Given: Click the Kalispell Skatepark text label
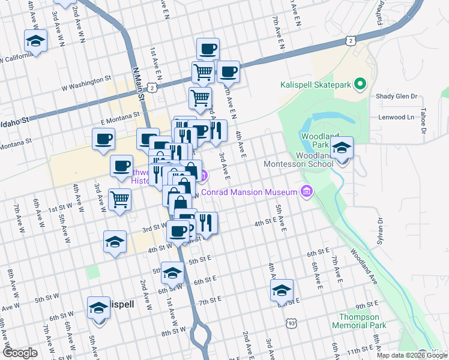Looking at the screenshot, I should pyautogui.click(x=315, y=85).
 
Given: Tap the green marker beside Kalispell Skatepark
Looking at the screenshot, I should pyautogui.click(x=360, y=84).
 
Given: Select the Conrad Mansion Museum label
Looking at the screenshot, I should pyautogui.click(x=249, y=192).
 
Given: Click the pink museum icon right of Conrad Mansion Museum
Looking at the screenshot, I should pyautogui.click(x=307, y=191).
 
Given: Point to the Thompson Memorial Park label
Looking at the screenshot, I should pyautogui.click(x=359, y=321).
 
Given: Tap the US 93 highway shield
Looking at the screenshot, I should pyautogui.click(x=291, y=323).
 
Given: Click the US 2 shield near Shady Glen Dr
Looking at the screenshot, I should pyautogui.click(x=350, y=40).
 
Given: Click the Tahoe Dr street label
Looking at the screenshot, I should pyautogui.click(x=423, y=121).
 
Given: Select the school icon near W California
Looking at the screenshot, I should pyautogui.click(x=35, y=41).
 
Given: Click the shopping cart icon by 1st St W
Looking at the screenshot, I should pyautogui.click(x=120, y=199).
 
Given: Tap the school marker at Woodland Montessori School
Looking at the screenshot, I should pyautogui.click(x=342, y=148).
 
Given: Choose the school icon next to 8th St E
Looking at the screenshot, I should pyautogui.click(x=282, y=290).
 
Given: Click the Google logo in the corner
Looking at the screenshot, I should pyautogui.click(x=20, y=353).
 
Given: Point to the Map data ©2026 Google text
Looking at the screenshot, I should pyautogui.click(x=412, y=355).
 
